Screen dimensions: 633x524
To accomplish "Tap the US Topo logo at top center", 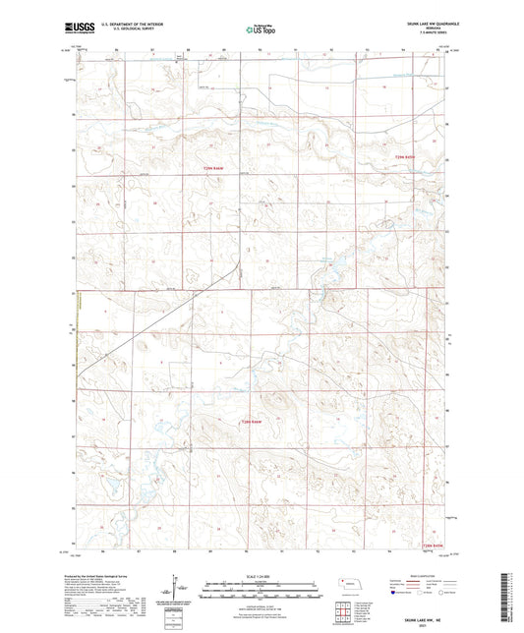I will tap(261, 30).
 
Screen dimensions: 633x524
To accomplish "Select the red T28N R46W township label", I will tap(255, 422).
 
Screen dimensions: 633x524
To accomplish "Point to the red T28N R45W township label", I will tap(434, 546).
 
